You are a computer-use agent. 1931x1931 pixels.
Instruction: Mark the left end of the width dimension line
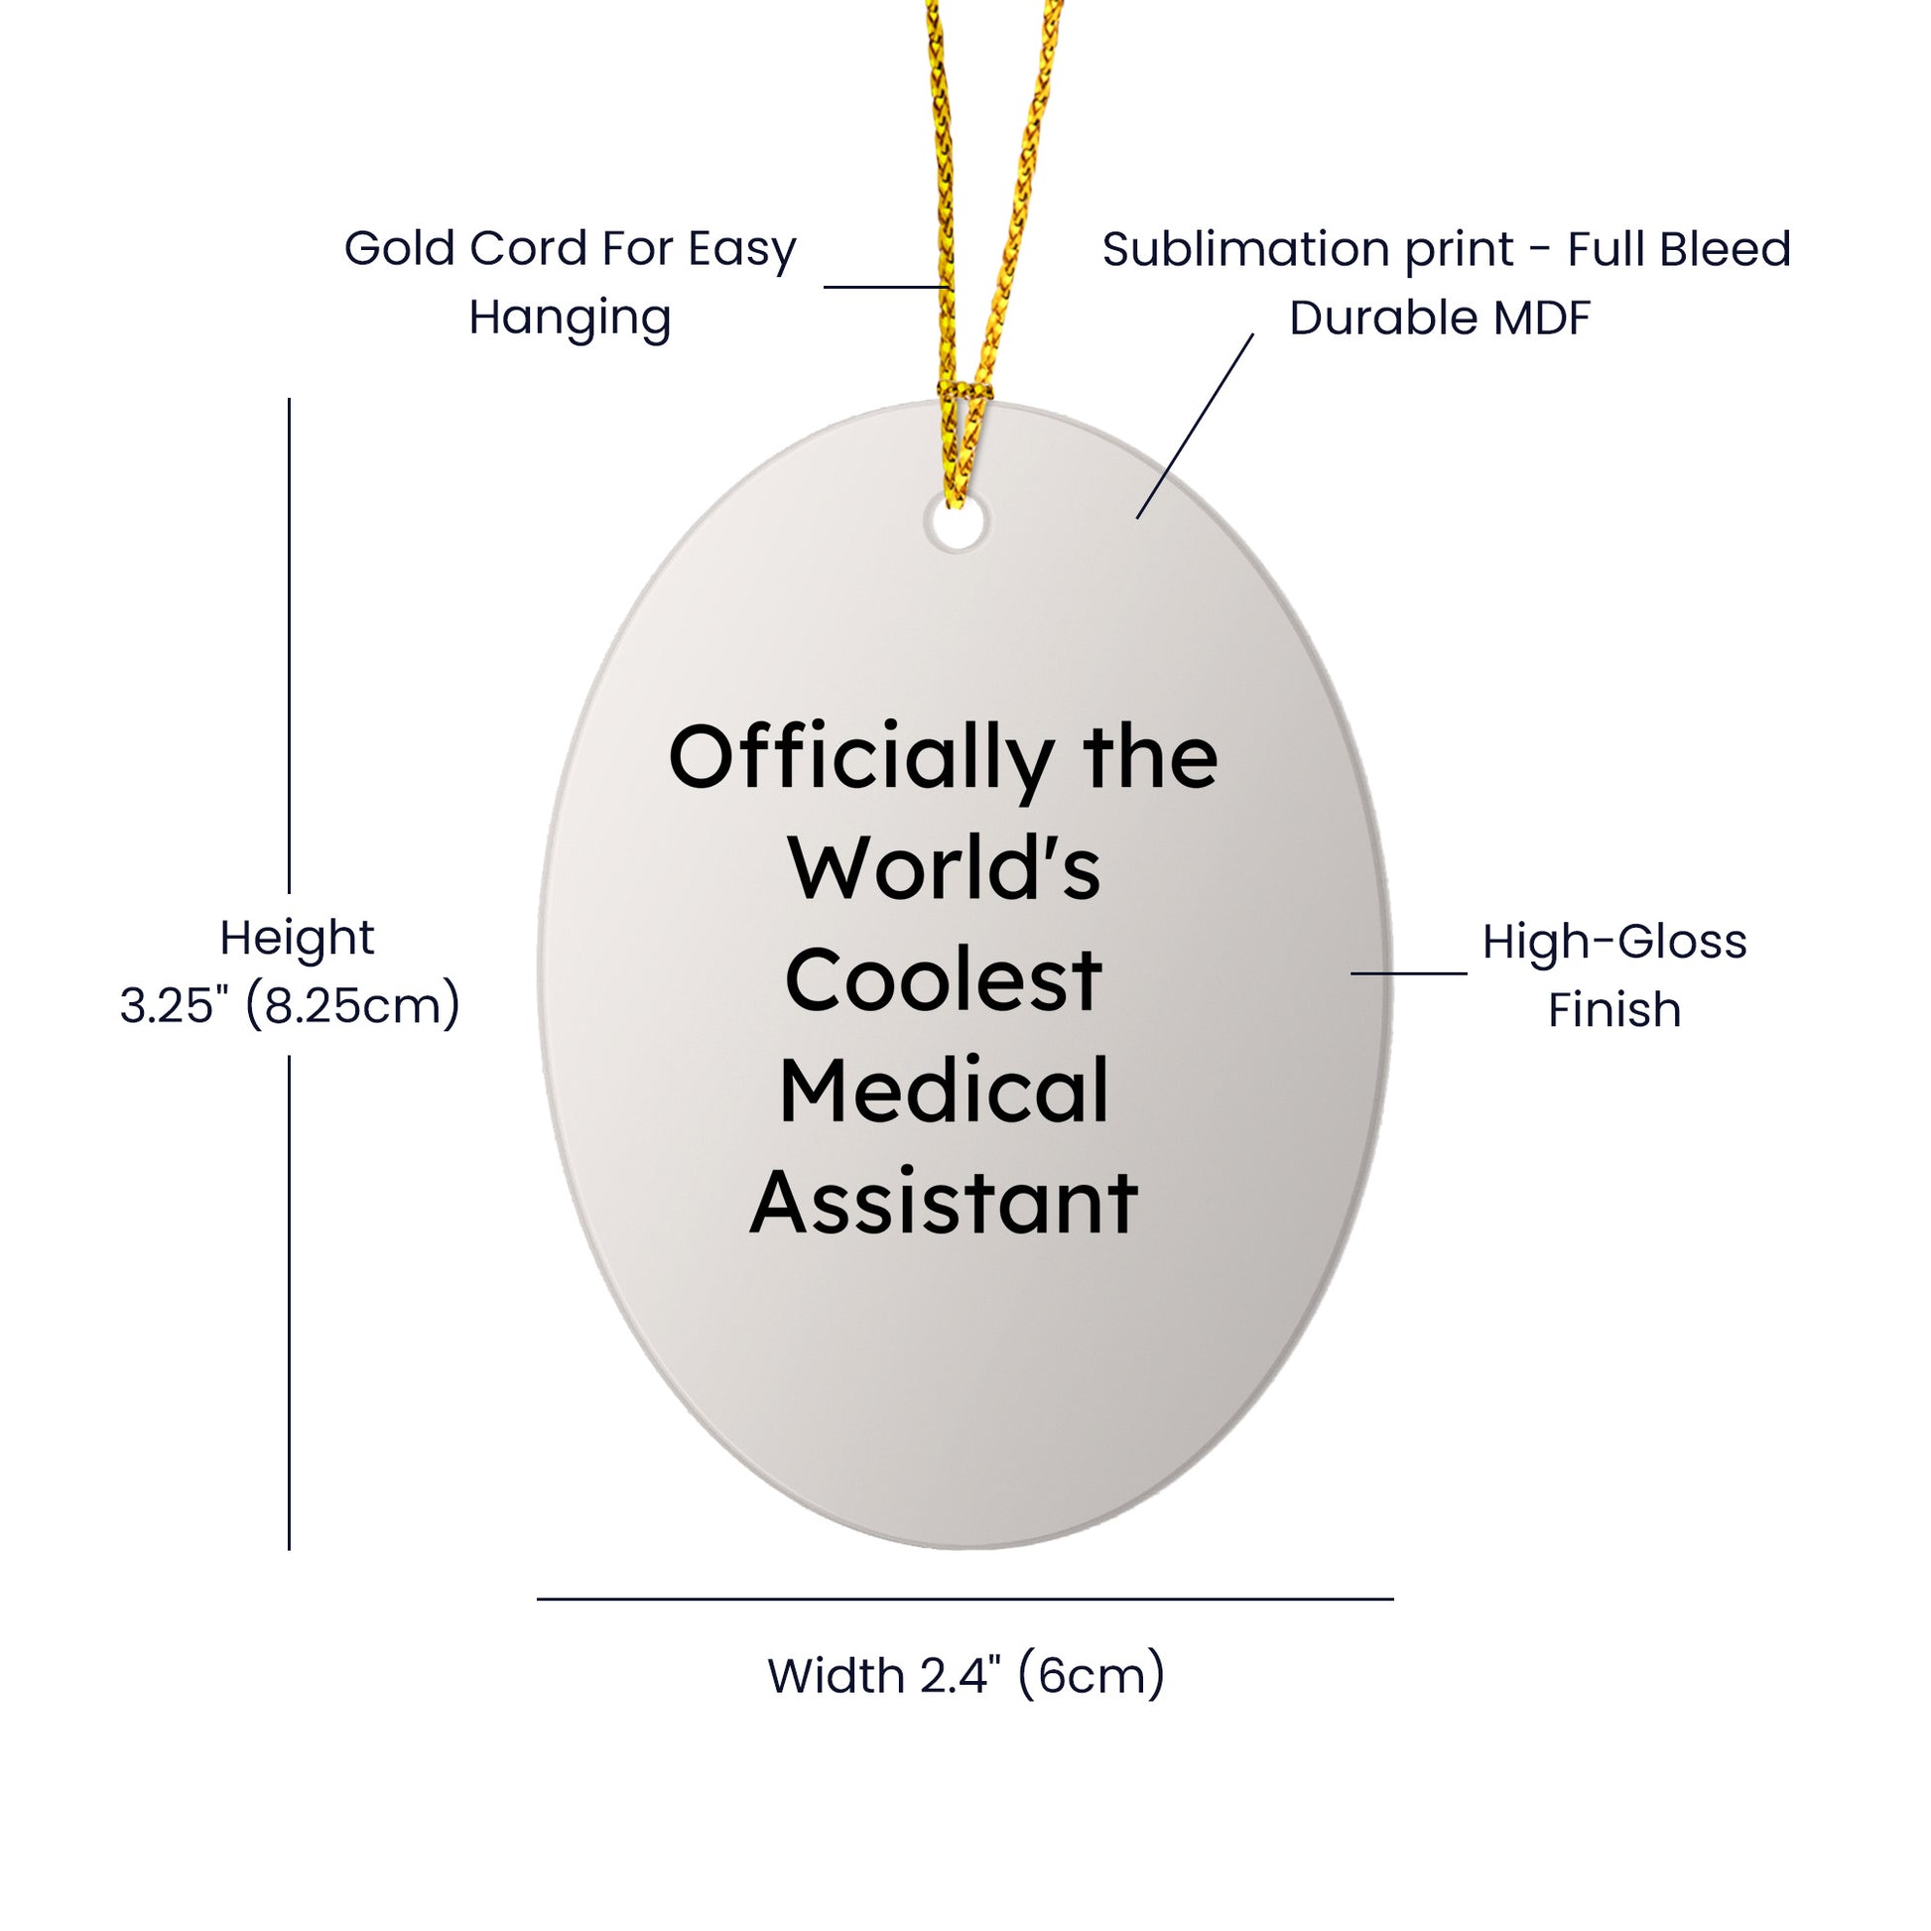click(x=538, y=1600)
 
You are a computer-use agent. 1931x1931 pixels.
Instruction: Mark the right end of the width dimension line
click(x=1393, y=1600)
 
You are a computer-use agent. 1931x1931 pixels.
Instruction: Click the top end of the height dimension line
click(x=289, y=399)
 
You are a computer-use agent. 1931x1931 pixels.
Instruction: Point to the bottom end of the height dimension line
click(x=289, y=1550)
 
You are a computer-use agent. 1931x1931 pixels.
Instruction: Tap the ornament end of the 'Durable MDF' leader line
click(x=1137, y=518)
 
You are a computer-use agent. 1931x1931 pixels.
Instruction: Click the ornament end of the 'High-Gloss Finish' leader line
click(x=1352, y=972)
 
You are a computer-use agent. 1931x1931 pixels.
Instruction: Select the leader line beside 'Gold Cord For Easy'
click(x=886, y=287)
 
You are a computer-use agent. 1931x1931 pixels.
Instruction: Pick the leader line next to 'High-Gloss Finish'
click(x=1409, y=972)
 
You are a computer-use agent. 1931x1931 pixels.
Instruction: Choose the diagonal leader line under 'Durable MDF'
click(x=1196, y=426)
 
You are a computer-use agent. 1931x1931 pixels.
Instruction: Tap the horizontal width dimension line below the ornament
click(x=965, y=1600)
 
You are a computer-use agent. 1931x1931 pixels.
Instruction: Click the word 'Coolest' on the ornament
click(x=944, y=979)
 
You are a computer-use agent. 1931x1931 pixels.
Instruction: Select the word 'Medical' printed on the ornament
click(x=944, y=1091)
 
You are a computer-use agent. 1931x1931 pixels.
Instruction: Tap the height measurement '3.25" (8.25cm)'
click(x=290, y=1004)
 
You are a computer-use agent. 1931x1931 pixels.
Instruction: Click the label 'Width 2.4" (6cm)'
click(x=965, y=1676)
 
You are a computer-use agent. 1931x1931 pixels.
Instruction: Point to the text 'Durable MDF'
click(x=1439, y=318)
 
